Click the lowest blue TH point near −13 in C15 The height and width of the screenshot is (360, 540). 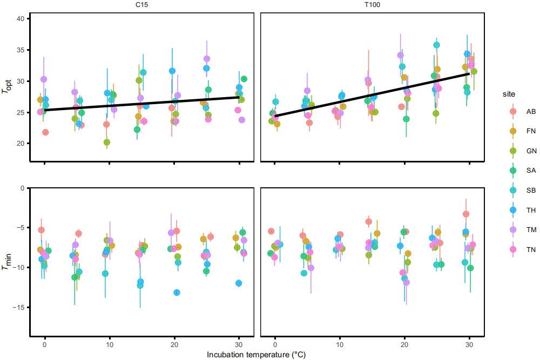pyautogui.click(x=177, y=293)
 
